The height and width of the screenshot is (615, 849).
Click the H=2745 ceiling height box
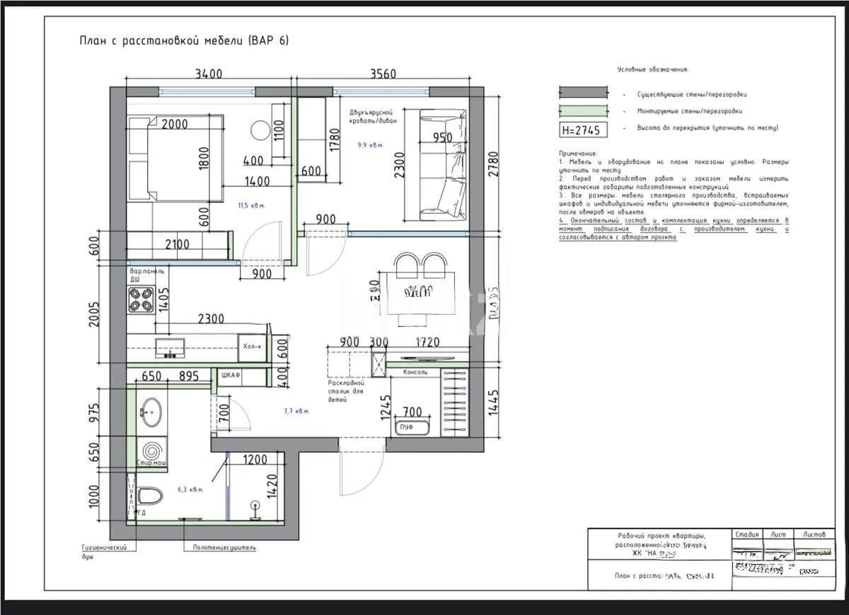coord(584,130)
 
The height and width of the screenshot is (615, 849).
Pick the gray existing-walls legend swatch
coord(584,93)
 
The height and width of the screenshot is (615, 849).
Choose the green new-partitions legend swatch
coord(584,110)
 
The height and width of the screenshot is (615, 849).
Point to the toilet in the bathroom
coord(149,496)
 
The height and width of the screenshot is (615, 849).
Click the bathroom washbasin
coord(151,412)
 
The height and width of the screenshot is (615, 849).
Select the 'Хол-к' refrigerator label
coord(253,347)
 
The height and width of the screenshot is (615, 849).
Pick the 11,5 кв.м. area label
coord(251,206)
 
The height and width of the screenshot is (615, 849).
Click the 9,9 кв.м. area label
coord(370,145)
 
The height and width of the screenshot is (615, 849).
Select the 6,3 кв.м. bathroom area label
coord(190,490)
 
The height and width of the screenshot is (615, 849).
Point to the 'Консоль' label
coord(415,372)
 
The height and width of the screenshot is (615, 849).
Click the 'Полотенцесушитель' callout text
coord(224,547)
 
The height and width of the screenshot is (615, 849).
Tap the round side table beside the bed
coord(260,130)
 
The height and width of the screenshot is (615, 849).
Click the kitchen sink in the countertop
coord(170,348)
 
